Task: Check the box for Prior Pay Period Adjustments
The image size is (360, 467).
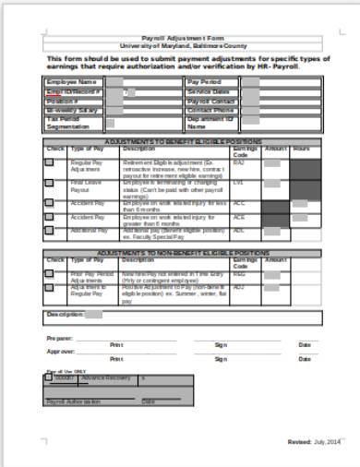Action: [x=50, y=275]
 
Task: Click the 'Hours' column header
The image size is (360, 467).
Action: [x=302, y=148]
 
